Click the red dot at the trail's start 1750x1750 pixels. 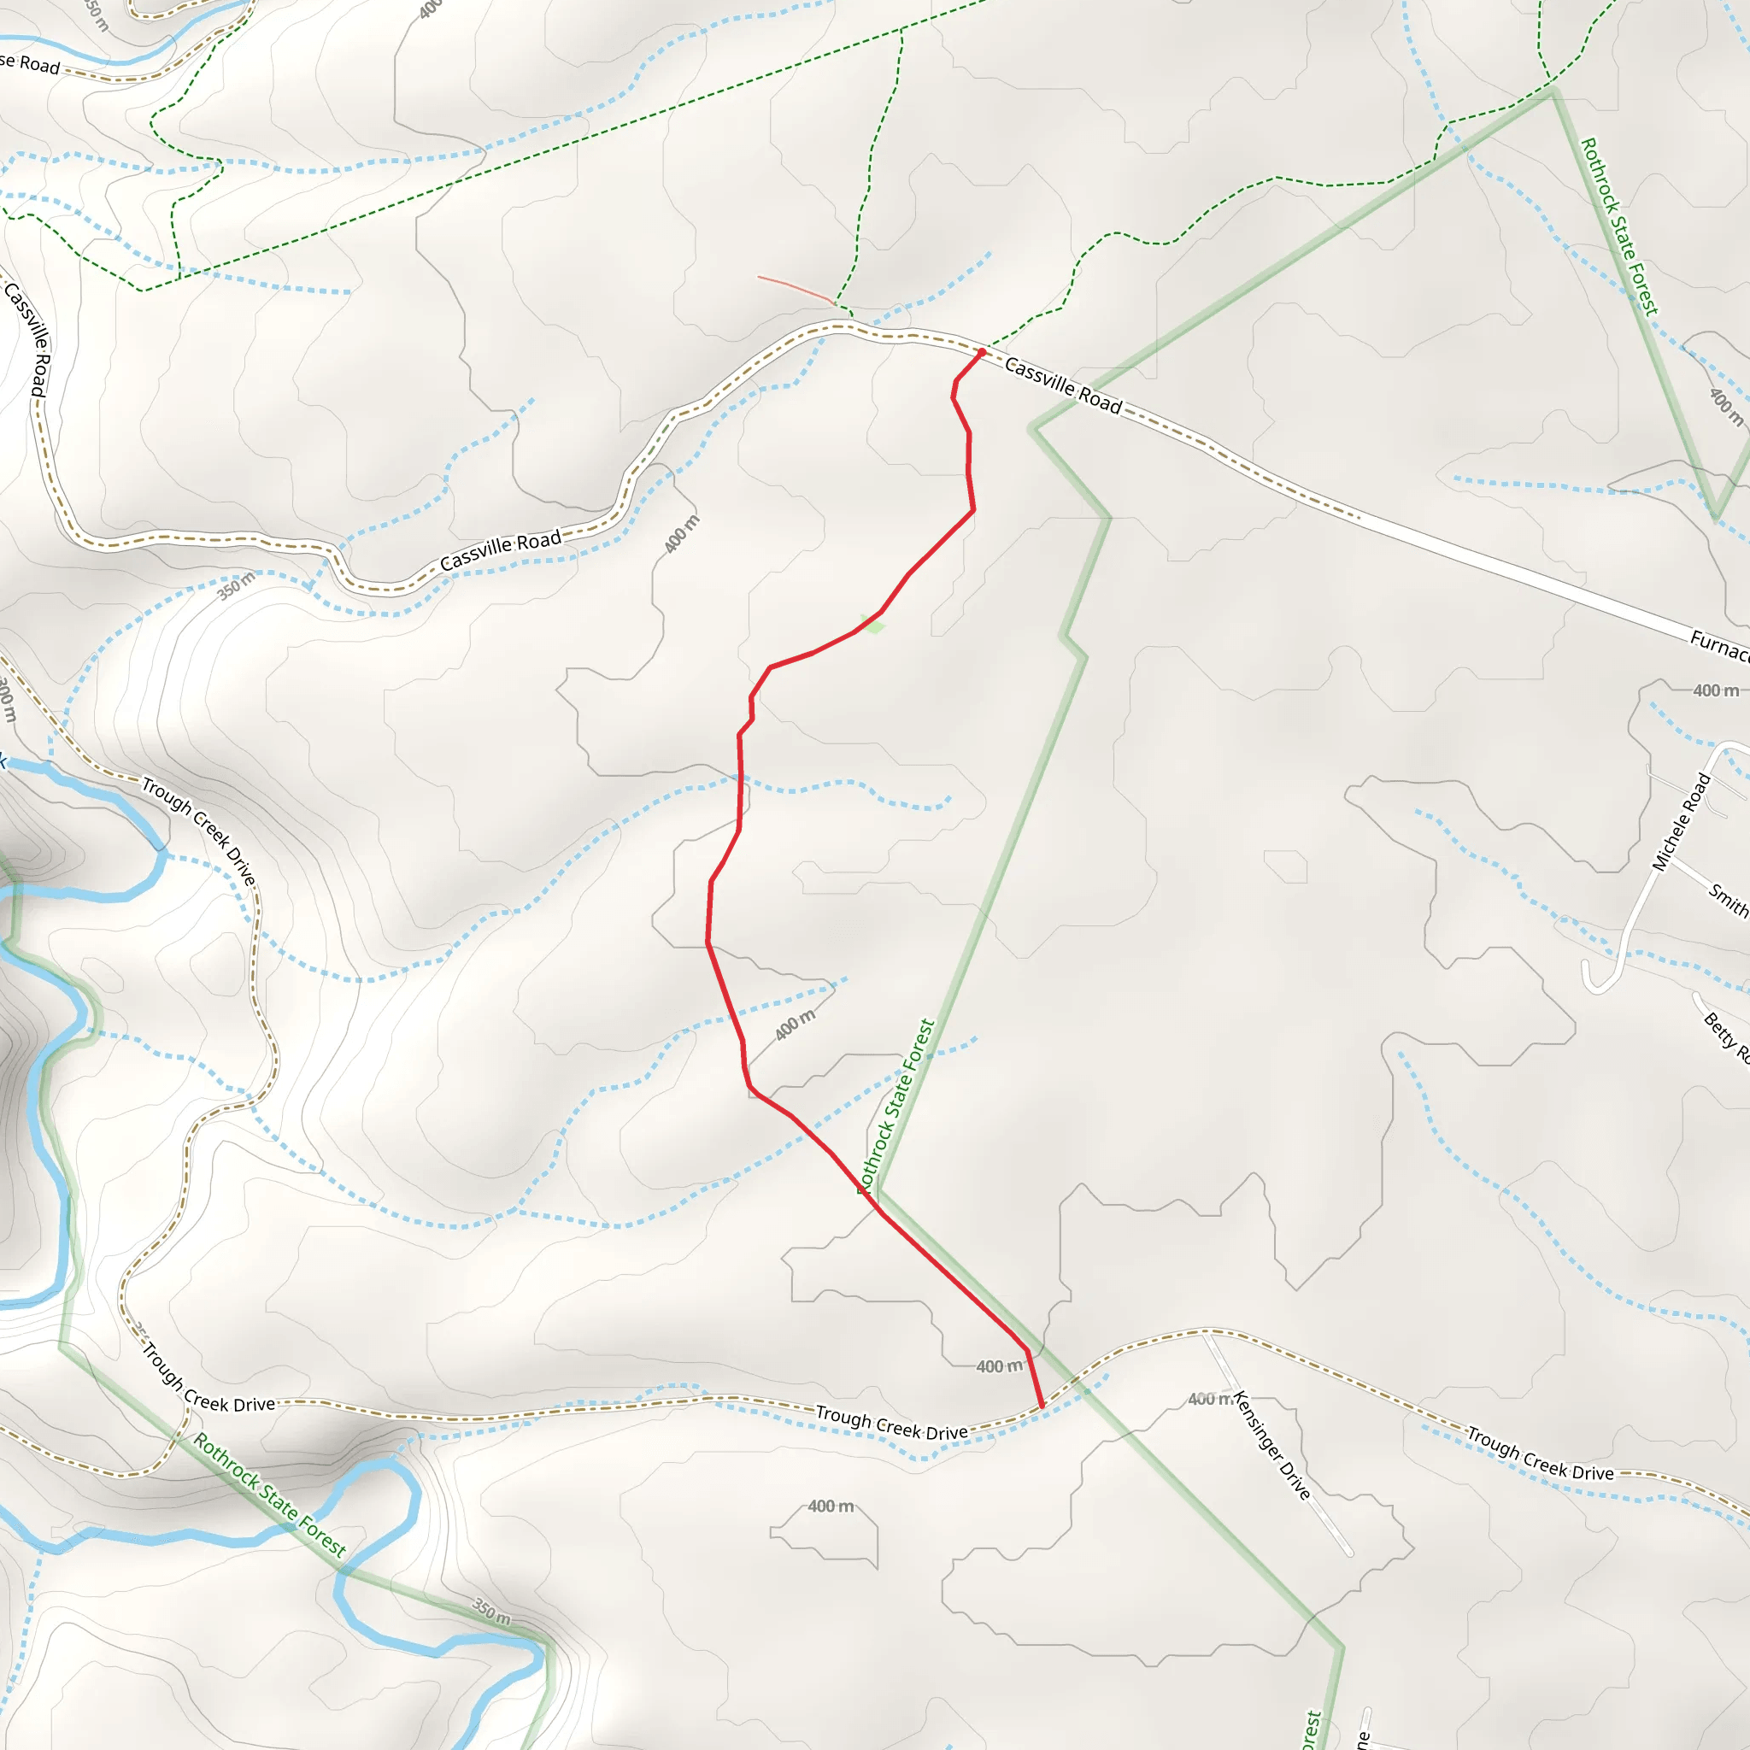click(982, 352)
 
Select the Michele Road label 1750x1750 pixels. click(1681, 823)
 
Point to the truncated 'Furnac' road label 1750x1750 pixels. click(1718, 646)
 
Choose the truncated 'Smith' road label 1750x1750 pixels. click(1729, 901)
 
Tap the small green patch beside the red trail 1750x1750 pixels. click(873, 624)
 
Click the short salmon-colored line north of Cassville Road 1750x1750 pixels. click(795, 289)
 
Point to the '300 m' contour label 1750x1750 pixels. click(7, 699)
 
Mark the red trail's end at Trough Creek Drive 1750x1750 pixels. click(1042, 1406)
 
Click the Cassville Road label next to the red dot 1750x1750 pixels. click(1063, 386)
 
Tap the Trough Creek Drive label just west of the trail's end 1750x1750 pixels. click(891, 1423)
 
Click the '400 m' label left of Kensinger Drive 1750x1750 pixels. click(1210, 1400)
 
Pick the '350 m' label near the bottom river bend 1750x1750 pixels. click(491, 1610)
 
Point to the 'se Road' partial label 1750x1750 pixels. click(29, 63)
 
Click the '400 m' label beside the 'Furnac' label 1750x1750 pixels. click(1716, 690)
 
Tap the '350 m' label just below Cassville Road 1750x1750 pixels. click(236, 586)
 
